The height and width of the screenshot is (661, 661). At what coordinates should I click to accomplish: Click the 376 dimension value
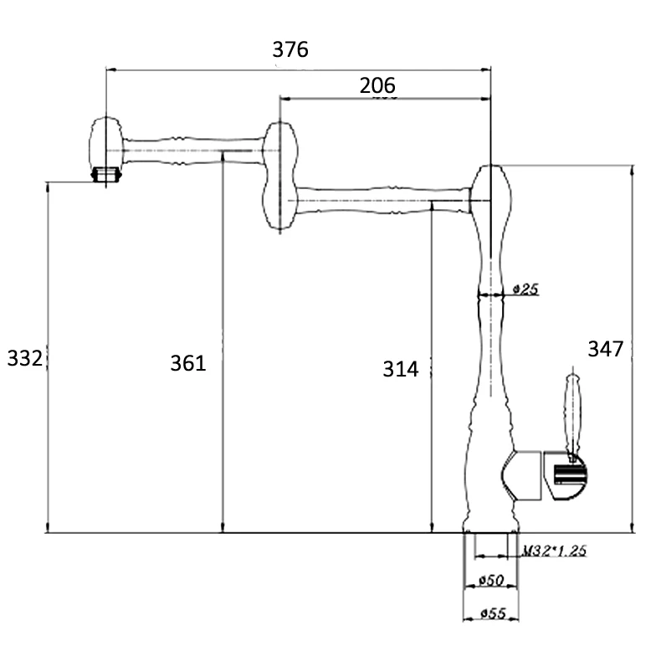(290, 49)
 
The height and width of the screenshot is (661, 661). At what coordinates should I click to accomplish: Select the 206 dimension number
(377, 85)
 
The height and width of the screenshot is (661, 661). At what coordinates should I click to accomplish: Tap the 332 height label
(25, 359)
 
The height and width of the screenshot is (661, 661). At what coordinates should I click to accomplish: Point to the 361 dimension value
(188, 363)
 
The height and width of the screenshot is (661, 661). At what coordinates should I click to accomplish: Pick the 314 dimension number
(401, 369)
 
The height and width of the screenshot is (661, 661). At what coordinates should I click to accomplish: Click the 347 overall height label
(605, 349)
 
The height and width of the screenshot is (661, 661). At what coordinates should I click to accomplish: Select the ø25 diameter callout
(525, 290)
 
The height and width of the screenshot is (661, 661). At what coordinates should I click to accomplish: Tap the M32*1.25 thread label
(554, 551)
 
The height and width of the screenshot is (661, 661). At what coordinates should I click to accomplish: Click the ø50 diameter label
(491, 581)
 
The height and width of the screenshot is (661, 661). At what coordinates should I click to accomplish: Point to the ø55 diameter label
(492, 613)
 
